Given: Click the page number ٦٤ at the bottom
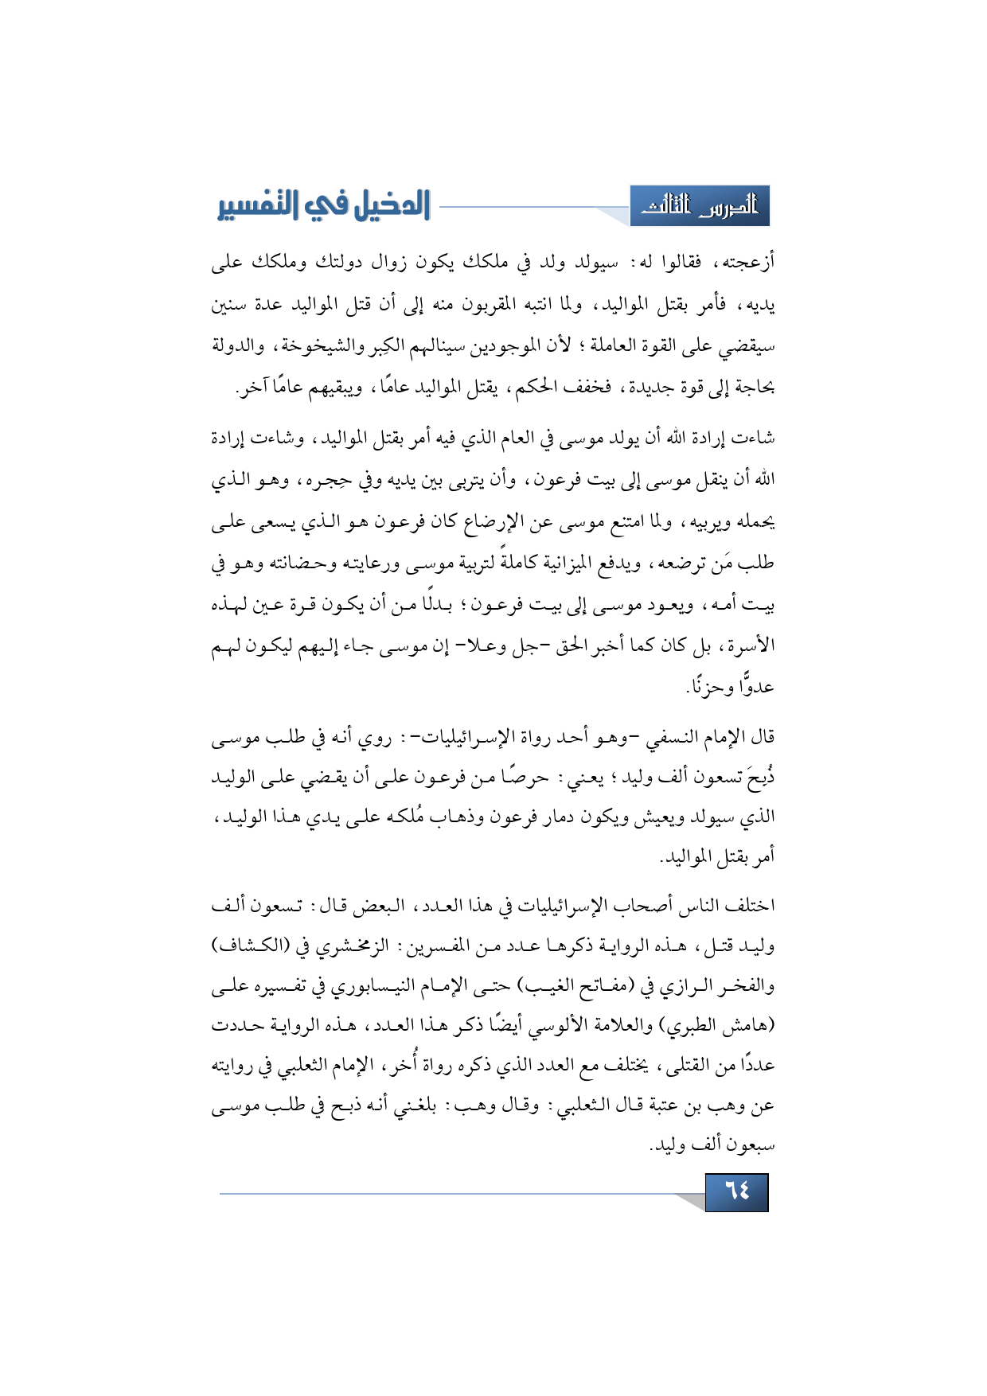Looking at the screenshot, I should (x=736, y=1191).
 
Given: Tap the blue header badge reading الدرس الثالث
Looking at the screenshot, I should (x=699, y=207).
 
